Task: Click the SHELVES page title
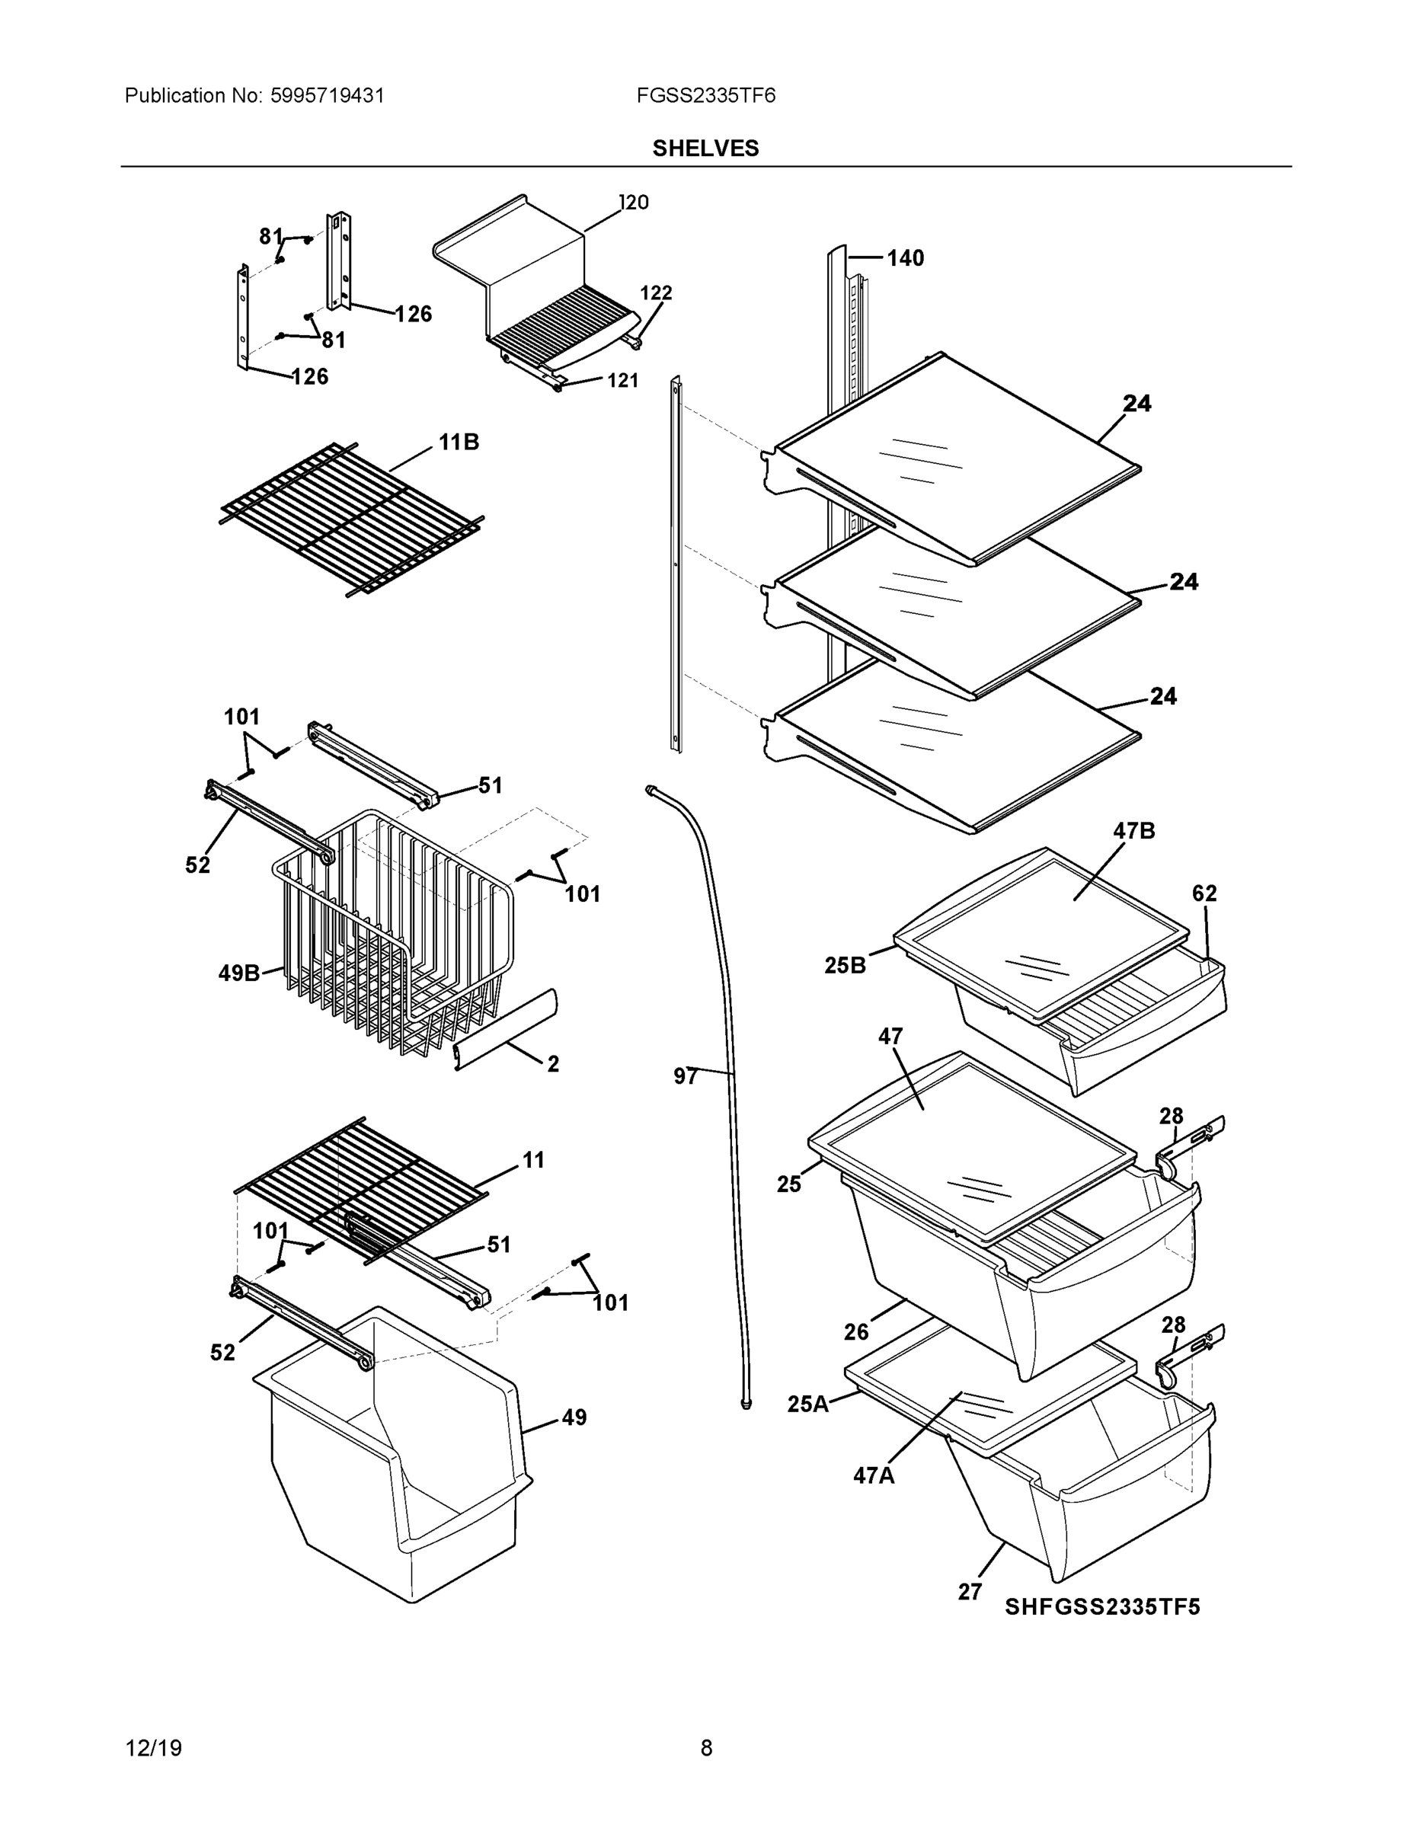point(705,149)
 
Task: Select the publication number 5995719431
point(327,95)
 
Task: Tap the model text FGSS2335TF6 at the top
point(705,95)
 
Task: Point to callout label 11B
point(459,442)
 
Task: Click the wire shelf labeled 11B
point(352,519)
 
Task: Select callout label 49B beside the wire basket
point(238,973)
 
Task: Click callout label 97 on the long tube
point(685,1076)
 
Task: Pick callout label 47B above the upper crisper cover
point(1133,831)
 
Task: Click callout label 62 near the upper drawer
point(1204,893)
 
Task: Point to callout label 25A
point(807,1404)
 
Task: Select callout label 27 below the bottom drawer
point(970,1592)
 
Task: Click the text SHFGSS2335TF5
point(1101,1607)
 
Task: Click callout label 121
point(622,381)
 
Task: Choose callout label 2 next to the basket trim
point(552,1064)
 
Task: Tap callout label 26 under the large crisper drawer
point(855,1331)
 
